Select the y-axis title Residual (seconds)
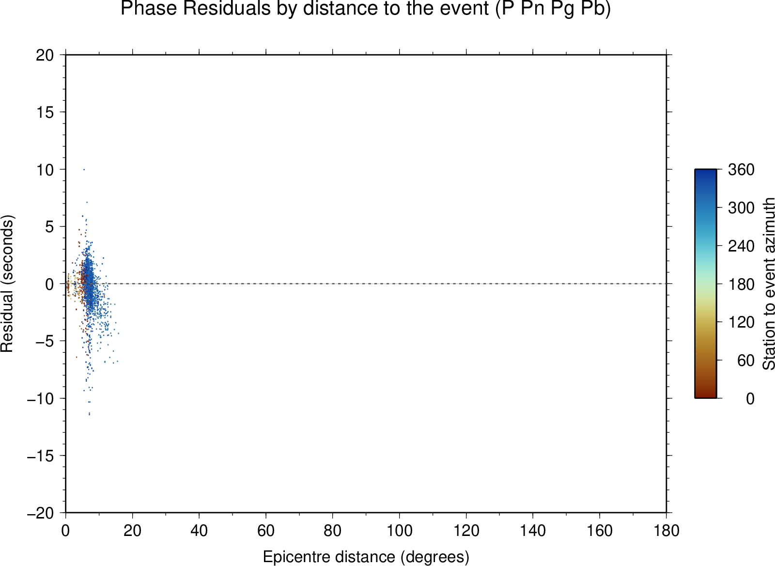pos(7,284)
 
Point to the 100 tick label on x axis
pos(399,531)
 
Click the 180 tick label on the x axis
pos(666,531)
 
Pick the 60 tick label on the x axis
pos(266,531)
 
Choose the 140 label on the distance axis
pos(533,531)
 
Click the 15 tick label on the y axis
pos(45,112)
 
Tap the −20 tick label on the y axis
pos(41,513)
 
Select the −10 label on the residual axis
pos(41,399)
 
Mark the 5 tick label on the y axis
pos(49,227)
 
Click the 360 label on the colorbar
pos(741,170)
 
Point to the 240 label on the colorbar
pos(741,246)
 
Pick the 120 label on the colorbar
pos(741,322)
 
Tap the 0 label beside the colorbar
pos(750,399)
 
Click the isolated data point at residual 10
pos(84,170)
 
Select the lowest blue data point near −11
pos(89,414)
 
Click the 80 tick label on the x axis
pos(332,531)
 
